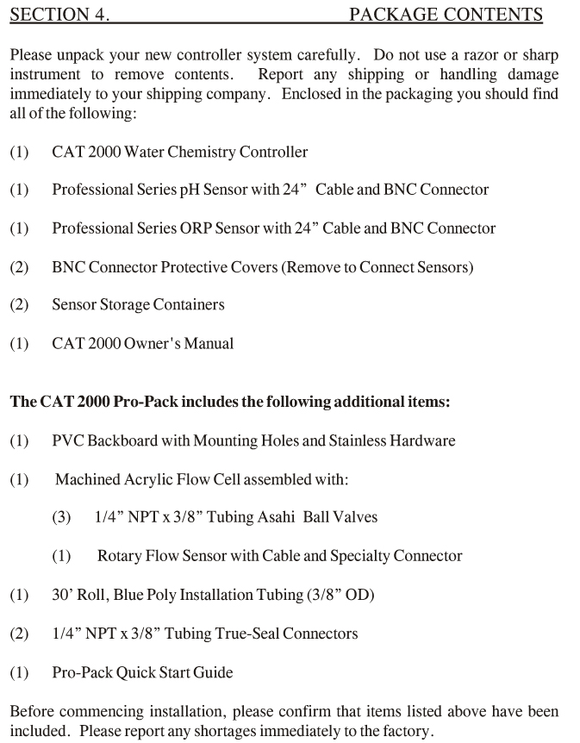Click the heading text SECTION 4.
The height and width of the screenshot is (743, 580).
pyautogui.click(x=59, y=14)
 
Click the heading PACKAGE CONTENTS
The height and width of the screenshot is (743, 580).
pyautogui.click(x=446, y=14)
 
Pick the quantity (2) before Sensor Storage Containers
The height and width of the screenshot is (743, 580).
pyautogui.click(x=19, y=305)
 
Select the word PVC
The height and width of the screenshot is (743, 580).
pyautogui.click(x=68, y=440)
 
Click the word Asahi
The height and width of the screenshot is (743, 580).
pyautogui.click(x=278, y=517)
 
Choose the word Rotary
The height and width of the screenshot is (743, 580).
pyautogui.click(x=120, y=556)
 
